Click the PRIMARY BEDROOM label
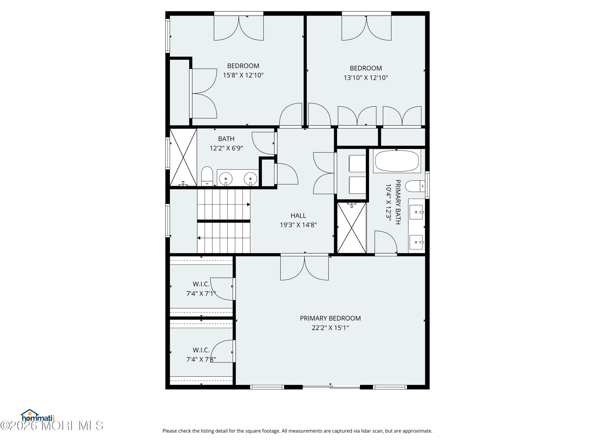330,318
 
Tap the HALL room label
298,216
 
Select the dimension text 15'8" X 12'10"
243,75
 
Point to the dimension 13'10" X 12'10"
366,78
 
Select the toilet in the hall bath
207,176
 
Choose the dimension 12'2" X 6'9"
226,148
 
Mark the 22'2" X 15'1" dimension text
330,328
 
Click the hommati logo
38,415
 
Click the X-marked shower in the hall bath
183,157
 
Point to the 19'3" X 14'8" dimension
298,225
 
